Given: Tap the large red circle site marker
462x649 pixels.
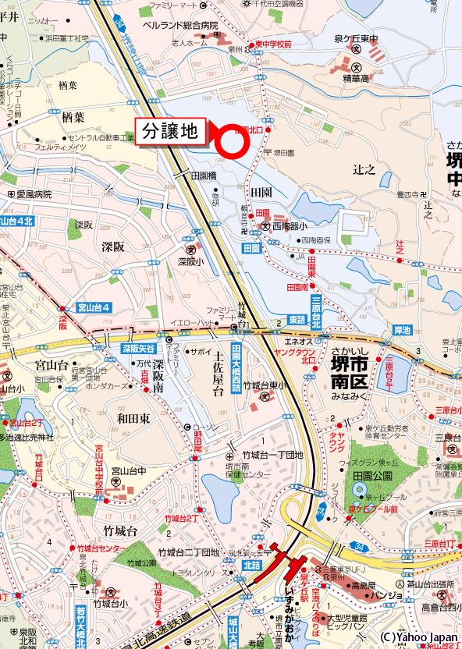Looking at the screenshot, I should pos(232,141).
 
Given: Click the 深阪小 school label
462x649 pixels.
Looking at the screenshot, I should pos(190,261).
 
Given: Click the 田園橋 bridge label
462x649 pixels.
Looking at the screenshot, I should pos(203,176).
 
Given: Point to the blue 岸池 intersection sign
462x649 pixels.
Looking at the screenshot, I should pos(402,331).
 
